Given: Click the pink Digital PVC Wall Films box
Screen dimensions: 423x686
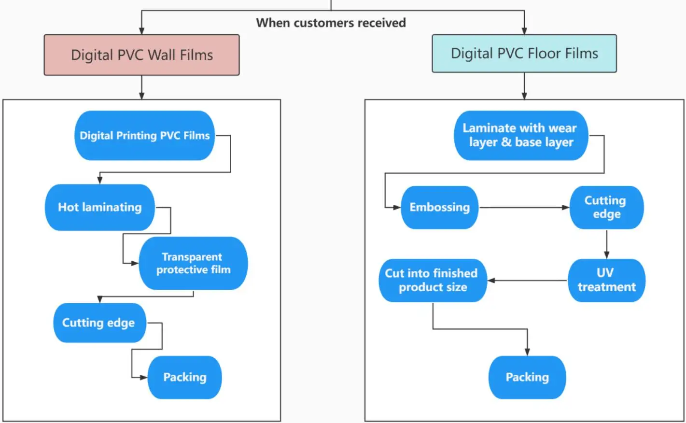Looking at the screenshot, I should tap(141, 55).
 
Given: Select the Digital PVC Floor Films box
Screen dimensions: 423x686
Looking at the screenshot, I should tap(524, 54).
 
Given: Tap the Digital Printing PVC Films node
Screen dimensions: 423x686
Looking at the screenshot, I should tap(144, 136).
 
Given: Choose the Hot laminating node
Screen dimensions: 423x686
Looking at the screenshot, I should tap(100, 208).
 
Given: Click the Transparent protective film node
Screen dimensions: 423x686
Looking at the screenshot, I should tap(193, 264).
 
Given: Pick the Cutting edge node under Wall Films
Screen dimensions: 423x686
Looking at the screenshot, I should tap(99, 323).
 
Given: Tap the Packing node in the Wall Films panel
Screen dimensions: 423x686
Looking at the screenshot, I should tap(184, 378).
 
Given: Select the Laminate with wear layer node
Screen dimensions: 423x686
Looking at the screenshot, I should tap(520, 135).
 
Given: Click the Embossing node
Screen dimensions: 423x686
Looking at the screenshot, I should tap(439, 208).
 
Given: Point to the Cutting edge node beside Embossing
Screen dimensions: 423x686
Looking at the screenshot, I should tap(606, 208).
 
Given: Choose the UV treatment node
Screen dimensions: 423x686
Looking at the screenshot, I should tap(606, 281).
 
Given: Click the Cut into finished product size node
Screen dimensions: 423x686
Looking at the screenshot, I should tap(432, 281).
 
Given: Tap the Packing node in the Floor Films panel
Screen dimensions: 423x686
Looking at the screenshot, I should tap(527, 378).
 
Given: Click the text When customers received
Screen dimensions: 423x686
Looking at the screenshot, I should tap(331, 23).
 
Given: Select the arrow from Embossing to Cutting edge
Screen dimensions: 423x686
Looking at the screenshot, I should tap(524, 208).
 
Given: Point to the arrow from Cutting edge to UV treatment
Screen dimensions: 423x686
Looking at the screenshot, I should tap(607, 244).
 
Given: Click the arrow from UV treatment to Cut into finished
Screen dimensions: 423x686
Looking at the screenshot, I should tap(527, 281).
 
